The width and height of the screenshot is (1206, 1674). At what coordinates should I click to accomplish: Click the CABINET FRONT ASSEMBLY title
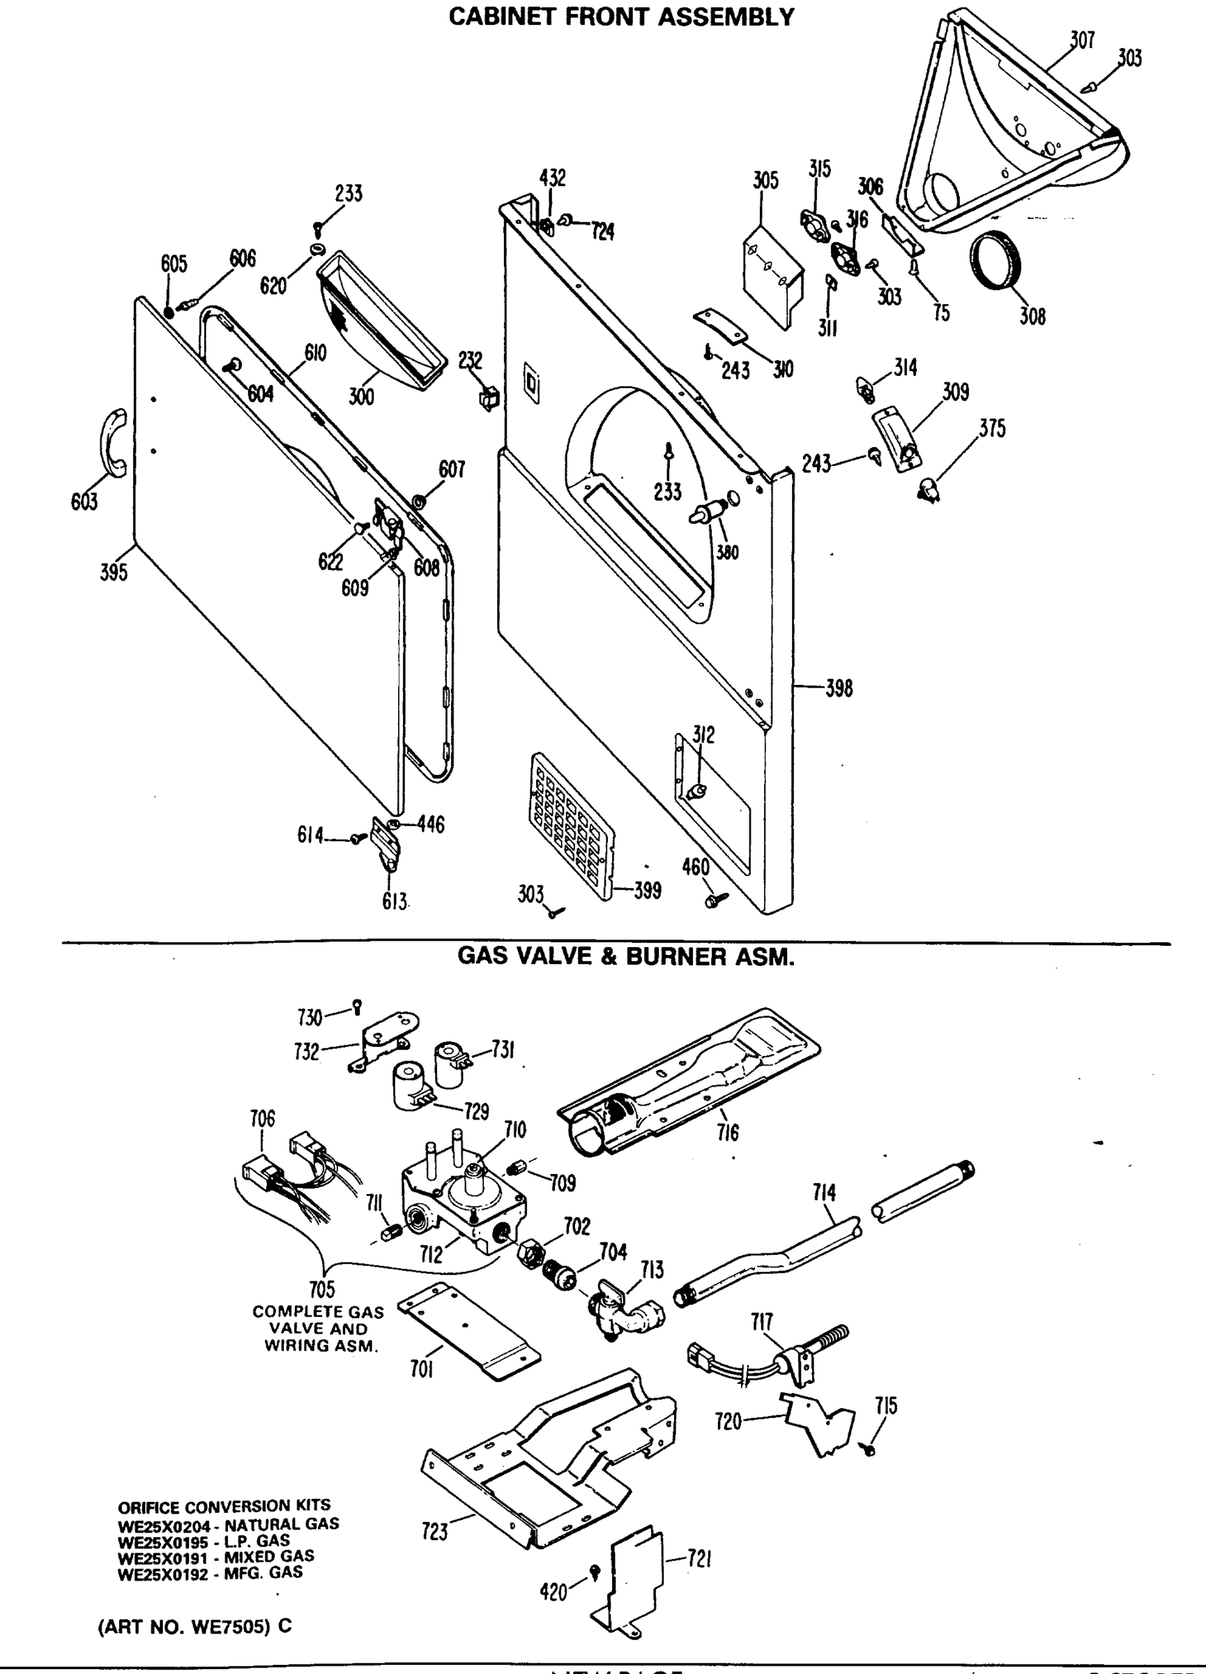click(x=621, y=16)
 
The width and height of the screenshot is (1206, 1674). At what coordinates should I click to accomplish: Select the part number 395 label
click(x=114, y=571)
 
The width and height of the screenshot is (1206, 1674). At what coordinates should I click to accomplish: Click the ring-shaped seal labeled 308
click(x=995, y=262)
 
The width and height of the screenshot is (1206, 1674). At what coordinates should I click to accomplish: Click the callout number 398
click(x=839, y=688)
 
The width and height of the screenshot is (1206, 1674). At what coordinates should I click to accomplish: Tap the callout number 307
click(x=1081, y=40)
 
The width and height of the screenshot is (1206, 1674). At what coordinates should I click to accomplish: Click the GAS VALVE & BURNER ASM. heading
click(x=625, y=957)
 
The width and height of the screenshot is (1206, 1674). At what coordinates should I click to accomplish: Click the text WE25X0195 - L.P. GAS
click(x=204, y=1540)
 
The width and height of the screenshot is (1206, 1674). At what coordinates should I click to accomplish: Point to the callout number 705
click(x=321, y=1290)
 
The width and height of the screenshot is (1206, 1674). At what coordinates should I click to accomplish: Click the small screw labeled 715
click(x=869, y=1449)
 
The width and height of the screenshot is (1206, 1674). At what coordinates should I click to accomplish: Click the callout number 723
click(x=434, y=1532)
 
